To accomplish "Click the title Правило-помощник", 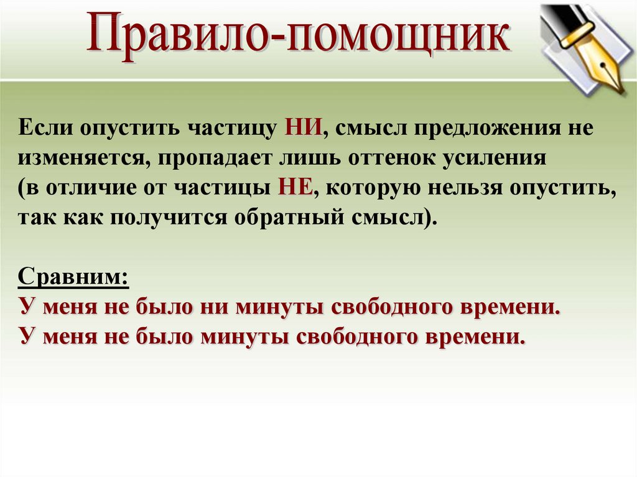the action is point(298,37).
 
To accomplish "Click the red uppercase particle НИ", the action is point(304,127).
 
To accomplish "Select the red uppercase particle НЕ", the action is point(295,188).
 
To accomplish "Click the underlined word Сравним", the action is point(73,278).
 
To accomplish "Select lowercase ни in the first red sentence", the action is point(213,308).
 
